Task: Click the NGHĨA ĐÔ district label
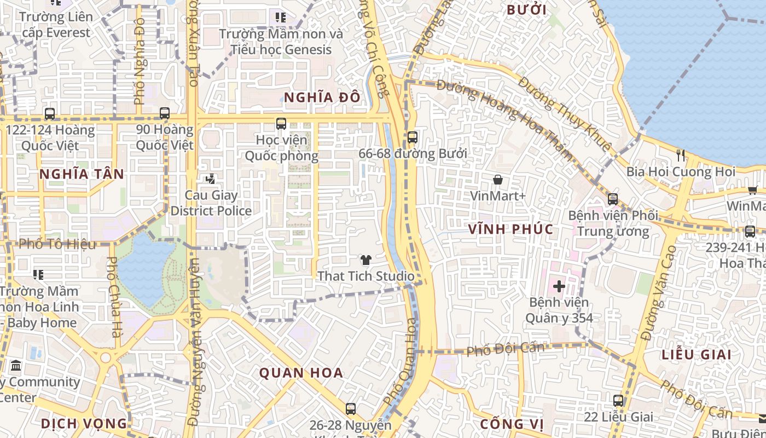pyautogui.click(x=322, y=97)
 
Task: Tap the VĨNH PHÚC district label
pyautogui.click(x=510, y=229)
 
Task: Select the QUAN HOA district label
pyautogui.click(x=301, y=373)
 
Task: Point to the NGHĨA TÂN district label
pyautogui.click(x=82, y=174)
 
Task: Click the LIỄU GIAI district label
pyautogui.click(x=696, y=354)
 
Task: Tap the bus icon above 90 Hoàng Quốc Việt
pyautogui.click(x=164, y=113)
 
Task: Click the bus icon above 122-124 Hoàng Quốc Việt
pyautogui.click(x=50, y=113)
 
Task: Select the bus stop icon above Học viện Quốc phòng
pyautogui.click(x=281, y=124)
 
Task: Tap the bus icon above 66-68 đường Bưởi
pyautogui.click(x=413, y=137)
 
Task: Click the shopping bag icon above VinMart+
pyautogui.click(x=498, y=179)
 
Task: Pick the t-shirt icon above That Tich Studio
pyautogui.click(x=365, y=260)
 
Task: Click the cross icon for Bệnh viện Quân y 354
pyautogui.click(x=559, y=286)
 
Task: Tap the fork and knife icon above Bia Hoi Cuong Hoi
pyautogui.click(x=680, y=155)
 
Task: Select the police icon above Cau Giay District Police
pyautogui.click(x=210, y=178)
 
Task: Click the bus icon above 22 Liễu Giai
pyautogui.click(x=618, y=401)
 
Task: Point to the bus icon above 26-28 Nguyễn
pyautogui.click(x=350, y=408)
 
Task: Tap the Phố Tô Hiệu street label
pyautogui.click(x=57, y=244)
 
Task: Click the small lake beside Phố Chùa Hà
pyautogui.click(x=143, y=268)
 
